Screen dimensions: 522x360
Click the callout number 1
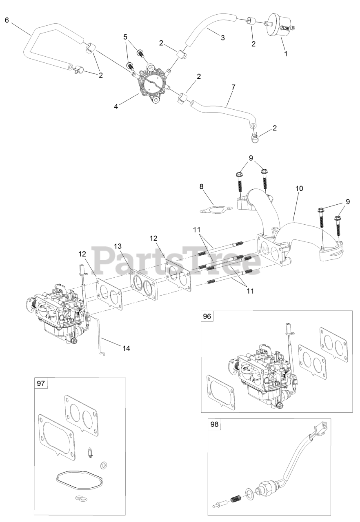coord(286,53)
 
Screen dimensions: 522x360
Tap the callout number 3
coord(222,38)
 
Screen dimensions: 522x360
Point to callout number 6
coord(7,20)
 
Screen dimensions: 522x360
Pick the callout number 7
coord(233,88)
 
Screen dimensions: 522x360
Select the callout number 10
coord(299,189)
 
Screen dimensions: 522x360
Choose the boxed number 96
coord(208,317)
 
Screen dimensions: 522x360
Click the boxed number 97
coord(40,384)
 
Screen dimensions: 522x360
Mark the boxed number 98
coord(215,425)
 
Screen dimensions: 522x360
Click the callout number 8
coord(202,186)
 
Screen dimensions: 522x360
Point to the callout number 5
coord(126,37)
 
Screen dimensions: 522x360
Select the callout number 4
coord(116,107)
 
